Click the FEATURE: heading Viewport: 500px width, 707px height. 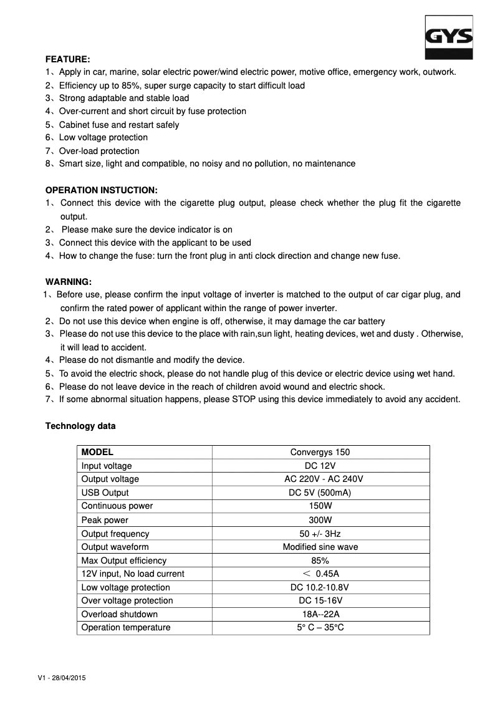68,59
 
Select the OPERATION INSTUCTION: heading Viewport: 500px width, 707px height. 102,190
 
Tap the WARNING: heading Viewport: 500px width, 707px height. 69,282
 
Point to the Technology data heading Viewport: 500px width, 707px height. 80,426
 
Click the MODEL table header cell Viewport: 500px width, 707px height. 97,452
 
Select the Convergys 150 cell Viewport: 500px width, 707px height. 320,452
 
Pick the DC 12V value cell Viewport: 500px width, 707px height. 320,466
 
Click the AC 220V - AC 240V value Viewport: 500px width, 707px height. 320,479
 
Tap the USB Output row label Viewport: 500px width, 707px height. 105,493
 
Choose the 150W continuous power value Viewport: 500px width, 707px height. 320,506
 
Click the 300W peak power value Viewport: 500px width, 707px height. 320,520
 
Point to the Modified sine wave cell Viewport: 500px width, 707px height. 320,547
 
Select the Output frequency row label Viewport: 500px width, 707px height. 115,534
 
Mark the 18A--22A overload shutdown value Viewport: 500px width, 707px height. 320,614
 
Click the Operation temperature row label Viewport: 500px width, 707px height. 126,627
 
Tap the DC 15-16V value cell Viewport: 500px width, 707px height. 320,600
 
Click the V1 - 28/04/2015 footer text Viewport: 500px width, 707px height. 62,678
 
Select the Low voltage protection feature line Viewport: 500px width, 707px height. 103,137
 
